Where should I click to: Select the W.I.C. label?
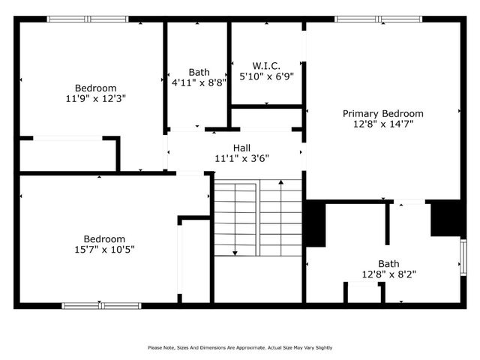266,65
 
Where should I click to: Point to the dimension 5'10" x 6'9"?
266,76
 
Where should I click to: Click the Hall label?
241,147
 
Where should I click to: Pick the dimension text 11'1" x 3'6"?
241,157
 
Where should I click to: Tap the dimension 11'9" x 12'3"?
94,97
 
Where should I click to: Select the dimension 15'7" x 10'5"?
103,249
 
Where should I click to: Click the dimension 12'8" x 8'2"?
388,274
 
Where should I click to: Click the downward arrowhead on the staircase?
235,252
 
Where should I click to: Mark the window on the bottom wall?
100,305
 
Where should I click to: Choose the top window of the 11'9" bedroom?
88,19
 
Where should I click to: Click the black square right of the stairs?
315,223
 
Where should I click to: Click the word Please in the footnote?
155,347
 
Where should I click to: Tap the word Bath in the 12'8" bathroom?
388,263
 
